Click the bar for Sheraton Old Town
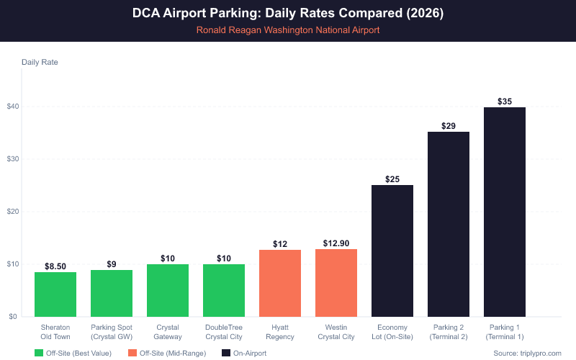click(55, 294)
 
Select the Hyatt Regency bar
click(280, 283)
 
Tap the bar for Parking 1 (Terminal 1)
click(505, 212)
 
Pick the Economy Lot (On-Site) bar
click(392, 251)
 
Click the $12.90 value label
click(336, 243)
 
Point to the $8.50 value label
click(55, 266)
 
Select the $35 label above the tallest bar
click(505, 102)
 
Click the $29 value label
click(449, 126)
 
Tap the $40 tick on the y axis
click(13, 107)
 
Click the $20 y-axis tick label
click(13, 212)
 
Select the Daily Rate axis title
click(40, 62)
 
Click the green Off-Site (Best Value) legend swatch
click(39, 353)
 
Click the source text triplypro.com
click(527, 353)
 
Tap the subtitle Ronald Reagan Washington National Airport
click(288, 30)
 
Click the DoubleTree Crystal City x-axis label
click(224, 331)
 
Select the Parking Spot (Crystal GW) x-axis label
click(112, 331)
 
